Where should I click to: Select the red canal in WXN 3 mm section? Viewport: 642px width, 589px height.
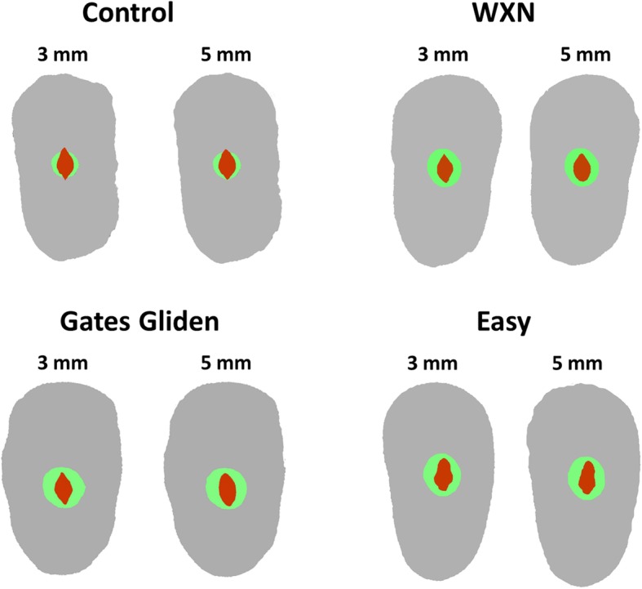pyautogui.click(x=445, y=169)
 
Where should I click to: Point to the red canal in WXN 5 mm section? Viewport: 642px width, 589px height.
pyautogui.click(x=582, y=168)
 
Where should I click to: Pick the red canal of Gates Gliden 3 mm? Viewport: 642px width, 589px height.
pyautogui.click(x=63, y=489)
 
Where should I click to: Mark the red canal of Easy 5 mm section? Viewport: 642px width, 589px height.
pyautogui.click(x=587, y=477)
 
